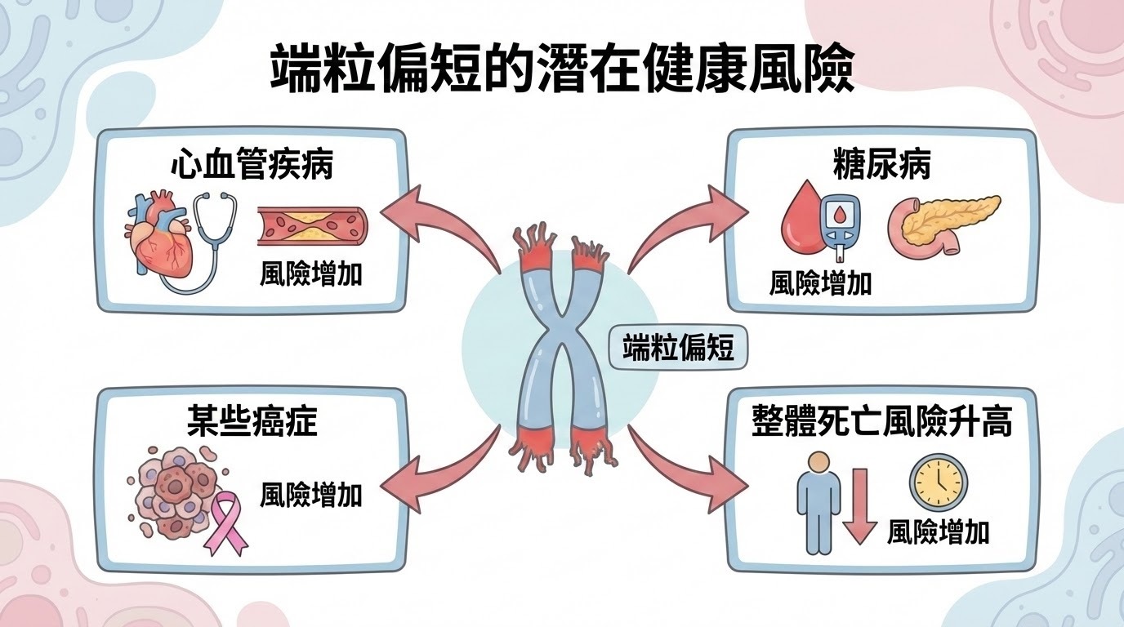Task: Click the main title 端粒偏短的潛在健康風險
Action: (562, 72)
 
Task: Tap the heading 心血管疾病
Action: (252, 165)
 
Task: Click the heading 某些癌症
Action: (252, 424)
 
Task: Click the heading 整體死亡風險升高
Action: (882, 424)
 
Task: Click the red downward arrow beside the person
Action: (859, 506)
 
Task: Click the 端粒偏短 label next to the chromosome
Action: (678, 349)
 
